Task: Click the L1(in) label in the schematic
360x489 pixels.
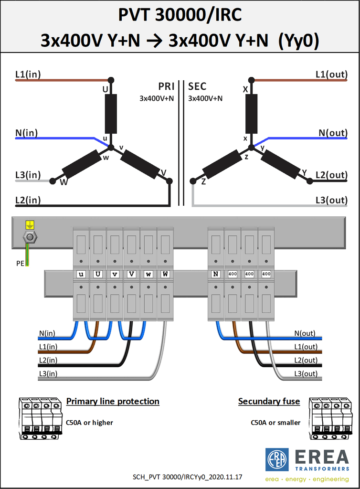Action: (28, 74)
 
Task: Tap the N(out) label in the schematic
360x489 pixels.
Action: (333, 133)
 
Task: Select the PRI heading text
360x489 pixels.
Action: (166, 86)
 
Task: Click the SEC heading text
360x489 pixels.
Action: (197, 86)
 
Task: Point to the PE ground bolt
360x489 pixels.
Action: (30, 237)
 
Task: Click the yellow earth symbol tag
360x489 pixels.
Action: (30, 225)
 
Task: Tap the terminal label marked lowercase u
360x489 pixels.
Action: (81, 274)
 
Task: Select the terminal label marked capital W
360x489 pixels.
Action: (165, 274)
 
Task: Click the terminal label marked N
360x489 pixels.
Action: (216, 274)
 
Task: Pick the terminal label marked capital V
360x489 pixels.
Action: (131, 274)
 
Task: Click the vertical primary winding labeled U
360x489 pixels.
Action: (111, 114)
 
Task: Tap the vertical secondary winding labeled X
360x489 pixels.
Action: (251, 114)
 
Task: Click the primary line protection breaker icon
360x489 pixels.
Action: (40, 418)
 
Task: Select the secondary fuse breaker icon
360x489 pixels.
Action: (331, 418)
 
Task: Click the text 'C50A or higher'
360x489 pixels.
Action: (89, 423)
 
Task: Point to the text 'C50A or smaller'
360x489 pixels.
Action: (275, 423)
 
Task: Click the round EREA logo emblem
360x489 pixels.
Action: (277, 460)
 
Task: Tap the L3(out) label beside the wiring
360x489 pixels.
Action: (306, 373)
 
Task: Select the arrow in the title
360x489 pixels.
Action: (154, 41)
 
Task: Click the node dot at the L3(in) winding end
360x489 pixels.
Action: (53, 181)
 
